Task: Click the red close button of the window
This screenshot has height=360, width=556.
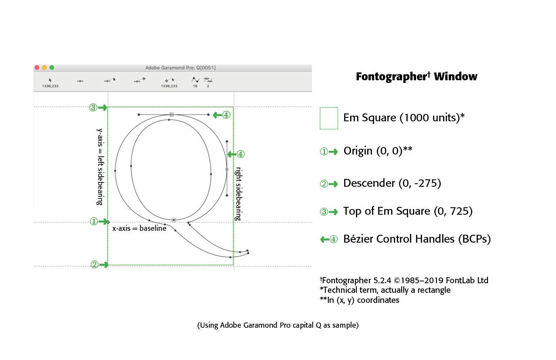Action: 37,68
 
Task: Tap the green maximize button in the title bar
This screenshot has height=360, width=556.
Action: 52,68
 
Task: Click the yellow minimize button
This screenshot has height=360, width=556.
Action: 44,68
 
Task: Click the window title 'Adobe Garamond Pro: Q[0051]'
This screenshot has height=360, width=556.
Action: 181,68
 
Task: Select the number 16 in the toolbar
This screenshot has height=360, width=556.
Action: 195,86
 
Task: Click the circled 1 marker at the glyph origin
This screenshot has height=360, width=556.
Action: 94,221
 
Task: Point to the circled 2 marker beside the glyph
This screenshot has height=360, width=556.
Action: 95,264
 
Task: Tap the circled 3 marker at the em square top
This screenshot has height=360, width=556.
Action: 93,108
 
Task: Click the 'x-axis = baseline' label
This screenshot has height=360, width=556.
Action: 139,228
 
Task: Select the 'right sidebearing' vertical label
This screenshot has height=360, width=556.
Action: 239,194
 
